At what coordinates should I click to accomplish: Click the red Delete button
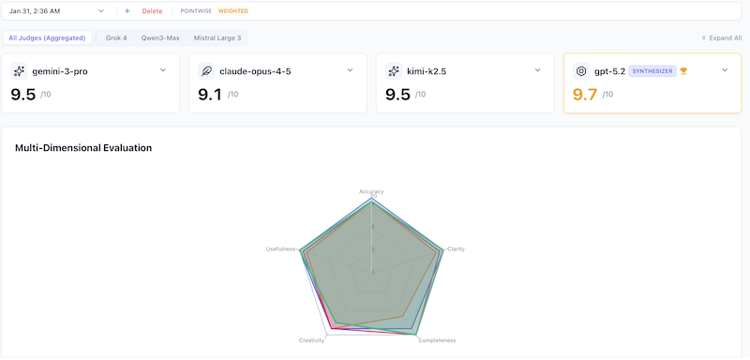pos(152,11)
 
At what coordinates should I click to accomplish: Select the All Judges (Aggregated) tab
pos(47,37)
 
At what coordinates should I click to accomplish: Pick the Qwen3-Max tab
pos(160,37)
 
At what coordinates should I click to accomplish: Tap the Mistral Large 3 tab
pos(217,37)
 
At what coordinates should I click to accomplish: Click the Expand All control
pos(722,38)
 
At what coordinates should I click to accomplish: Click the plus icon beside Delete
pos(127,11)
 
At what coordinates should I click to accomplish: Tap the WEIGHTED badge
pos(233,11)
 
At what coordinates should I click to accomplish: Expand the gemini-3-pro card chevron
pos(162,70)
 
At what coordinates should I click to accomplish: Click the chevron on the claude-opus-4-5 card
pos(350,70)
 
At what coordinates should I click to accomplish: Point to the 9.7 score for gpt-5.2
pos(585,94)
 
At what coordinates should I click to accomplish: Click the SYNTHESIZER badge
pos(652,71)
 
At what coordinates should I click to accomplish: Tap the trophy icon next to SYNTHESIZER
pos(683,71)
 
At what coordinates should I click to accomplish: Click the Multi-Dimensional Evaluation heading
pos(83,148)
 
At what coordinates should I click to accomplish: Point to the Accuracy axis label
pos(371,191)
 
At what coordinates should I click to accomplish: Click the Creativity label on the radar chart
pos(312,339)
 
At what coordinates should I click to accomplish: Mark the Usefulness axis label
pos(280,248)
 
